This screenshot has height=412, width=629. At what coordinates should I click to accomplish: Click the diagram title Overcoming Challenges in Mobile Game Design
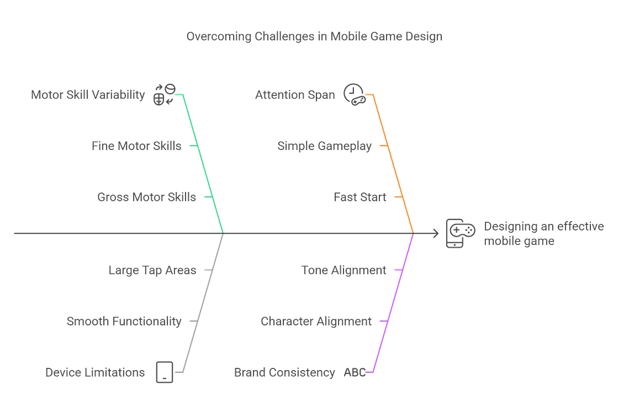point(314,36)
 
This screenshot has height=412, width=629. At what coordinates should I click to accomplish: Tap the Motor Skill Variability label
point(88,95)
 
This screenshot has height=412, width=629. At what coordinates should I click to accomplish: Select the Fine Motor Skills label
point(136,146)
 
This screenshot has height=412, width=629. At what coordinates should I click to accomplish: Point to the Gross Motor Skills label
point(146,197)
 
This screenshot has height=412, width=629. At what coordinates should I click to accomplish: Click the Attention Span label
point(295,95)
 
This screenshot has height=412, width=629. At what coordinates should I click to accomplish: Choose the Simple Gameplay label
point(324,146)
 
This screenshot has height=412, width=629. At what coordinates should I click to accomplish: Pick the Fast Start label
point(360,197)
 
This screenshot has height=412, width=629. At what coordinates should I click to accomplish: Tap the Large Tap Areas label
point(152,270)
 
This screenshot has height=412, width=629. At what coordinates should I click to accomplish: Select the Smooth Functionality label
point(124,322)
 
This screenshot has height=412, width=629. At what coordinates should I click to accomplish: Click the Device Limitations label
point(95,373)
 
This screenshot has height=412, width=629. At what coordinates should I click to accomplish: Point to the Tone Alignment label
point(344,270)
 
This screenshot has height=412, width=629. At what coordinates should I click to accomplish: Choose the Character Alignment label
point(316,322)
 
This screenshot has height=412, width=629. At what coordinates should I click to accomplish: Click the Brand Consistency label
point(284,373)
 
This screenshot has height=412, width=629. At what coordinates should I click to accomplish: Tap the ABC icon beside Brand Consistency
point(355,373)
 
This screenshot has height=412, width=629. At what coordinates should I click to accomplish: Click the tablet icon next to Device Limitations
point(165,372)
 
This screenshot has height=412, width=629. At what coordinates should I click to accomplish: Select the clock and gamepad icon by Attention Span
point(355,95)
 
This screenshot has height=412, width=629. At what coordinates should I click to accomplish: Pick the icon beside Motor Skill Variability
point(164,94)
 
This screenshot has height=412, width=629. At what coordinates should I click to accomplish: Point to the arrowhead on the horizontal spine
point(436,233)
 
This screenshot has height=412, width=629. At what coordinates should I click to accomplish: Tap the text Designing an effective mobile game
point(543,234)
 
